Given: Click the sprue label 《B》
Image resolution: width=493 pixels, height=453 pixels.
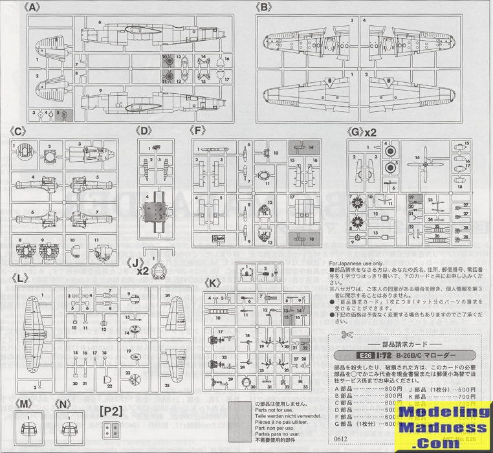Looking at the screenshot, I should coord(263,7).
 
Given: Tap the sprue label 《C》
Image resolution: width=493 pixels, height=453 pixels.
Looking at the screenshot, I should coord(19,132).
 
